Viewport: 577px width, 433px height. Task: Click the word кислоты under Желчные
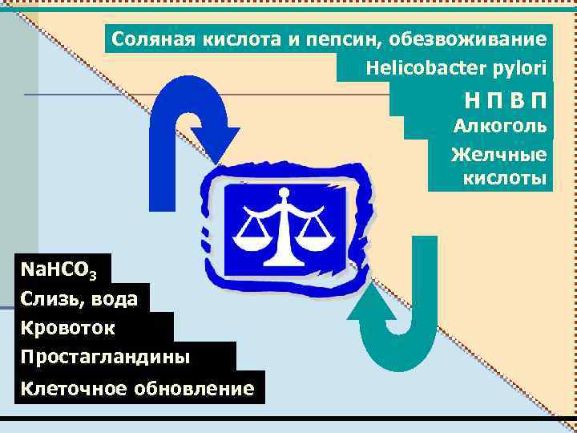505,178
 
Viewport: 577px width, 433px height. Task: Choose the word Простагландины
106,356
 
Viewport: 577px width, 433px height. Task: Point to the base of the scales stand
283,259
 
